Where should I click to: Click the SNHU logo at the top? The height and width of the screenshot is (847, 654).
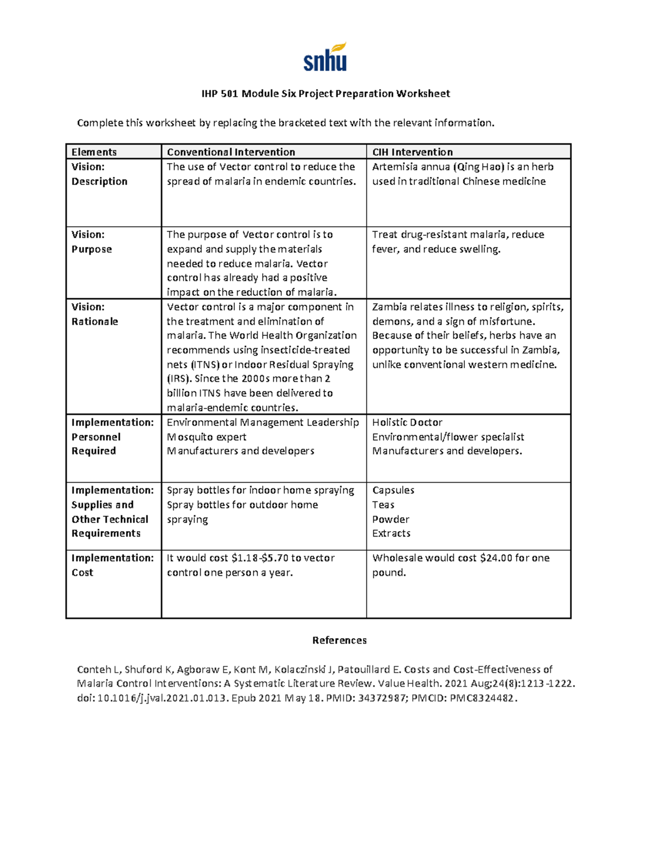click(325, 58)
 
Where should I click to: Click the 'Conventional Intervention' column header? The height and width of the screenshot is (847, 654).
click(231, 152)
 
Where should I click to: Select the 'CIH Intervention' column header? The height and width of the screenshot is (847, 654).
click(412, 152)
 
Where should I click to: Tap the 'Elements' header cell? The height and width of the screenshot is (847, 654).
click(94, 152)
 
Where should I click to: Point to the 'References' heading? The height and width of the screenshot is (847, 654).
click(339, 640)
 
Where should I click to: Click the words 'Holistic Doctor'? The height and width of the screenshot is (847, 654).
click(407, 422)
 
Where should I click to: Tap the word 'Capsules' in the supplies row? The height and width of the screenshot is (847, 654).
click(393, 490)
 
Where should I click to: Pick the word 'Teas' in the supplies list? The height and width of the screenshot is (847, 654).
click(383, 505)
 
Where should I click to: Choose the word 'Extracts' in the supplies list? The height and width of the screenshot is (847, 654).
click(391, 533)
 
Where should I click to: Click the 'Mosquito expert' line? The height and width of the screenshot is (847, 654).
click(207, 437)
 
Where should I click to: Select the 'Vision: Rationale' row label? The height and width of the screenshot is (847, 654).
click(94, 314)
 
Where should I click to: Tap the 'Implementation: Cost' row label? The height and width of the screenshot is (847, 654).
click(112, 565)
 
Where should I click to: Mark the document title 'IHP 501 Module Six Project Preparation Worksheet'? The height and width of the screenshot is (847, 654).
click(325, 94)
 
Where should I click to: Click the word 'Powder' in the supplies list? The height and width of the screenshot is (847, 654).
click(390, 519)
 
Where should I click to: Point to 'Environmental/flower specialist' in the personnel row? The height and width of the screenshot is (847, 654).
click(448, 437)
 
